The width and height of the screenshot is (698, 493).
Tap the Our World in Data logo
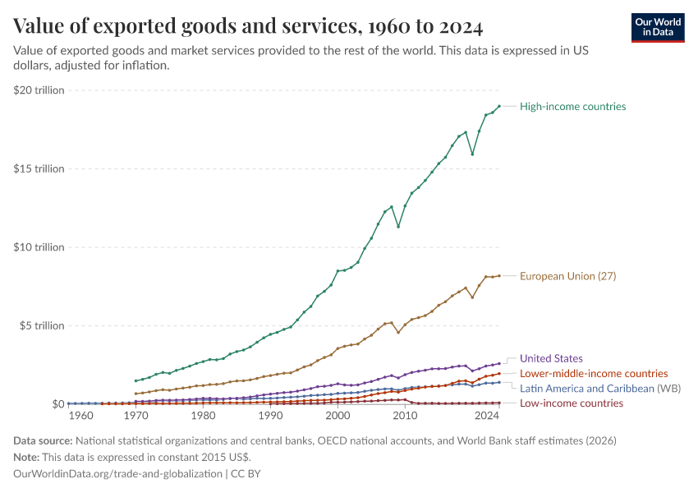pos(657,27)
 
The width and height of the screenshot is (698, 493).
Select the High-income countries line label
pos(572,107)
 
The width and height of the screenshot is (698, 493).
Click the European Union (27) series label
pos(567,276)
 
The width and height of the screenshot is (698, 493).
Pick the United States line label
pos(551,358)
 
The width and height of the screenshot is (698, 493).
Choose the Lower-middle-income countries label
pos(582,374)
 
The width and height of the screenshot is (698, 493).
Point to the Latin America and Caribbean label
pos(588,389)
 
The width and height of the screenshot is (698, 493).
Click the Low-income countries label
pos(572,403)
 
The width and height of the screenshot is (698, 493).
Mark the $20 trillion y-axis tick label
pos(39,90)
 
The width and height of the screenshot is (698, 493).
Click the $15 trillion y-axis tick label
pos(39,168)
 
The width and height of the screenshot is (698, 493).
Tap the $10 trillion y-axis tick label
pos(39,247)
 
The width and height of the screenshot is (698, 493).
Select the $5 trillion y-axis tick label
pos(42,325)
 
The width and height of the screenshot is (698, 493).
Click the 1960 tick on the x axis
pos(82,417)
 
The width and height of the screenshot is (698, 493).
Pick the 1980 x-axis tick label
pos(203,417)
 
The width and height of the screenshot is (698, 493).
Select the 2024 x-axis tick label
pos(488,417)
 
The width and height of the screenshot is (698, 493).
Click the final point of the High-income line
pos(499,106)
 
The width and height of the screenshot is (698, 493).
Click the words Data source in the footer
pos(42,441)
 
